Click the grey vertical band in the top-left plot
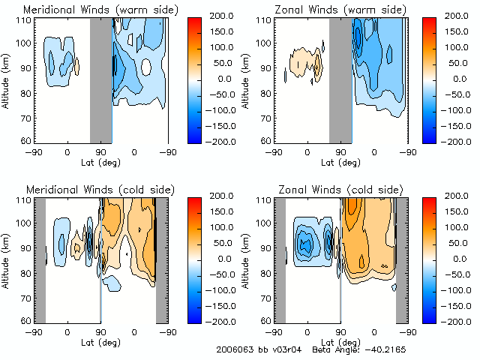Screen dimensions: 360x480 [x=100, y=79]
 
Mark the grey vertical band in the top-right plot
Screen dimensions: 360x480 [x=340, y=79]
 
